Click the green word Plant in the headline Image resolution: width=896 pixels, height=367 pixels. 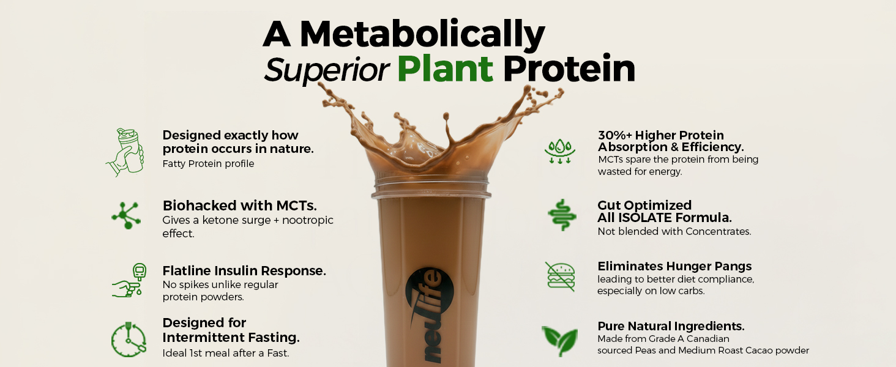445,69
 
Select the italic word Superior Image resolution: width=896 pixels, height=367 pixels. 326,70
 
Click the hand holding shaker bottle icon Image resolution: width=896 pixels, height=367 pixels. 125,152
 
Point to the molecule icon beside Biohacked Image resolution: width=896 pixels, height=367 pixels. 127,215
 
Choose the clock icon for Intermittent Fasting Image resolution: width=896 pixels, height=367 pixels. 129,339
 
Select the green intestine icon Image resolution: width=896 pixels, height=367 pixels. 562,215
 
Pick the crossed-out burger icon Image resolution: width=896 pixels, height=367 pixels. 561,276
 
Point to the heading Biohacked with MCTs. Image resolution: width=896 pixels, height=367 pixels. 239,206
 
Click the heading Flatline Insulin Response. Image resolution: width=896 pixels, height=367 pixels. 244,270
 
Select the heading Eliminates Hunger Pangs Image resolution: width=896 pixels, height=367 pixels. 674,266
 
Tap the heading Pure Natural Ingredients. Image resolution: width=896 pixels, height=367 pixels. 671,326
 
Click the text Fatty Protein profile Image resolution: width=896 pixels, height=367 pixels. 208,163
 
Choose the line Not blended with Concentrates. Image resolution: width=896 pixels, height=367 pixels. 674,231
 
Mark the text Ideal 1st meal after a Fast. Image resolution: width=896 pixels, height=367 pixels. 226,353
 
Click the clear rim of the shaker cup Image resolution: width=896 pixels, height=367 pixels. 431,187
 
